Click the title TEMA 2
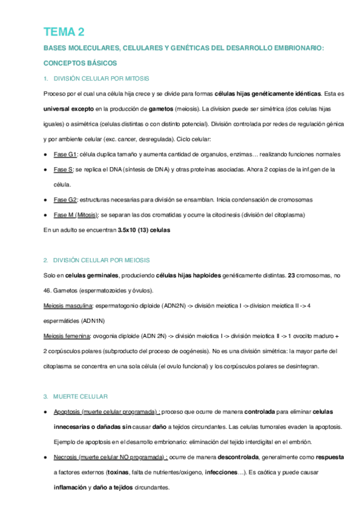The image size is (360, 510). [64, 32]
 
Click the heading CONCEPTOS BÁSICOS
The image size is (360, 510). [81, 63]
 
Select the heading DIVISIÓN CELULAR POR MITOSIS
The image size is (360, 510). [101, 79]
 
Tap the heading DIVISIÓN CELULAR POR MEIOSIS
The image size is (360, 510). [101, 260]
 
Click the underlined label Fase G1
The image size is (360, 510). [64, 154]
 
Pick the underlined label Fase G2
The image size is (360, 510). [65, 199]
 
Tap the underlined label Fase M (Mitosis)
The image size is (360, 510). [76, 215]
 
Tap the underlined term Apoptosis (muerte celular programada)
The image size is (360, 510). [106, 411]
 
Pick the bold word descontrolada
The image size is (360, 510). [239, 457]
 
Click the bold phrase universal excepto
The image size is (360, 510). [69, 109]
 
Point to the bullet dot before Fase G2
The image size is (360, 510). [46, 199]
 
